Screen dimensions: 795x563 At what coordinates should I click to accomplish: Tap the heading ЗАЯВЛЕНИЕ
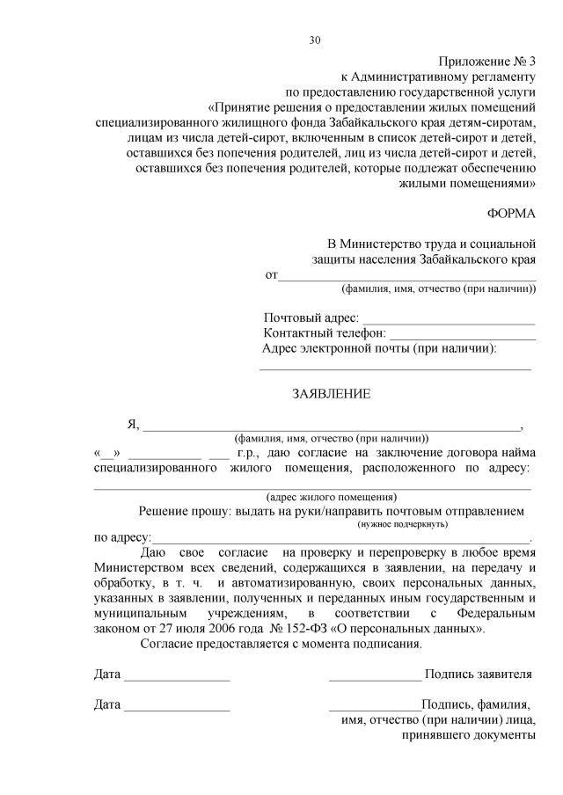[331, 394]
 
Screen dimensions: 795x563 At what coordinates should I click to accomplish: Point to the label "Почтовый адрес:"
[311, 317]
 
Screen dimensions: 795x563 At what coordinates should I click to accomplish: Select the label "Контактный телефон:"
[325, 333]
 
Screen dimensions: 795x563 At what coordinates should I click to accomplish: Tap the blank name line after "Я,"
[331, 430]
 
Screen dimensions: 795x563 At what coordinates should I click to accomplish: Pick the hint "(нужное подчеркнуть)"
[402, 524]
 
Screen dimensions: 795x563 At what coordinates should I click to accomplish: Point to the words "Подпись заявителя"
[478, 675]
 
